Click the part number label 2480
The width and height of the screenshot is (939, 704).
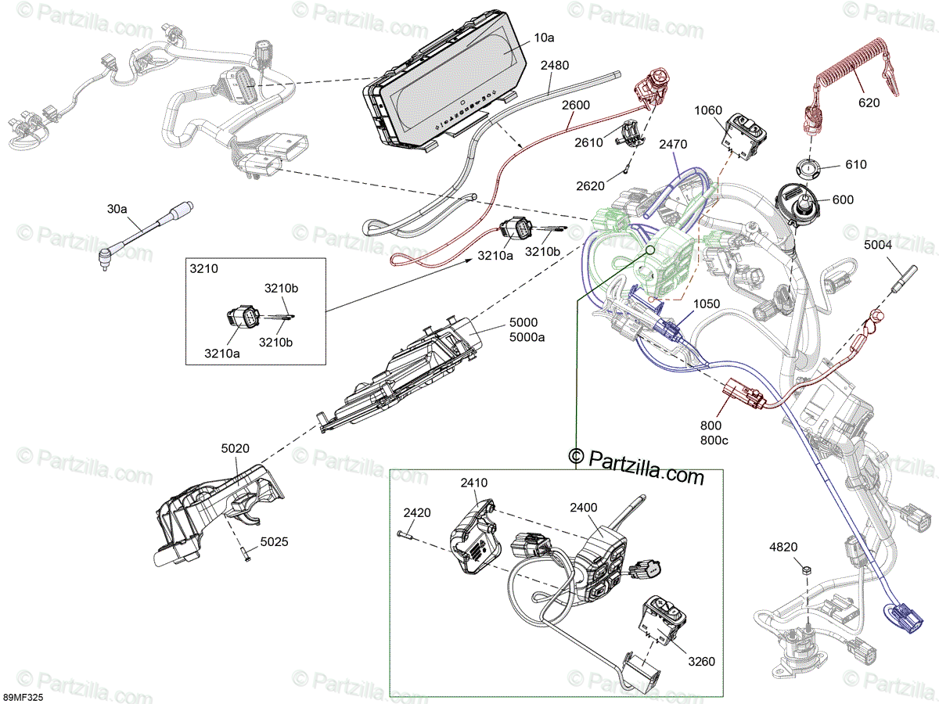click(555, 66)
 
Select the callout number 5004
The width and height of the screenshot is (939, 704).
click(878, 245)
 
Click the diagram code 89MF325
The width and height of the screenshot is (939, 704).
click(22, 698)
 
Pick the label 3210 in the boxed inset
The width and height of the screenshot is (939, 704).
click(203, 269)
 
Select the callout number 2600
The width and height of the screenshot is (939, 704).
click(576, 105)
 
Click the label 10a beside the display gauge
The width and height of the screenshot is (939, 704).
click(544, 38)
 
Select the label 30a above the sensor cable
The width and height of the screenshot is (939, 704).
click(117, 209)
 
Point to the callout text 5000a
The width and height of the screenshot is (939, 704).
click(527, 337)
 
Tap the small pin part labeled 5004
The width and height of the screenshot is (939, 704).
click(904, 279)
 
